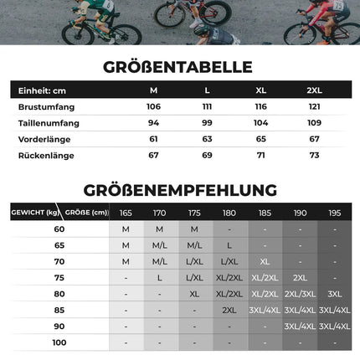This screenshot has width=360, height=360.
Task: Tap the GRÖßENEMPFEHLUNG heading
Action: click(180, 190)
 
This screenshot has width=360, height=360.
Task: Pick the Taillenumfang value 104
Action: click(260, 123)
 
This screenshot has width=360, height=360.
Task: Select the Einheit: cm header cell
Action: click(41, 90)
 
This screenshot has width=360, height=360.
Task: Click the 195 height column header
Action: click(335, 213)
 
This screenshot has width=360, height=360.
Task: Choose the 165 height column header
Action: click(126, 213)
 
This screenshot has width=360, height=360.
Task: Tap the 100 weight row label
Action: click(59, 342)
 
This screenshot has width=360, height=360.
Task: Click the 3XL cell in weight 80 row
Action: click(335, 294)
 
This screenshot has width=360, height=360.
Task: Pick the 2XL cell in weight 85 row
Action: click(229, 310)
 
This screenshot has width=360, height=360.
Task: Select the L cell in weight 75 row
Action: click(160, 277)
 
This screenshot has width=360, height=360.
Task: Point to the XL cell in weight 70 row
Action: click(265, 261)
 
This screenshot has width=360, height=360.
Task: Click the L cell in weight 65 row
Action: click(229, 245)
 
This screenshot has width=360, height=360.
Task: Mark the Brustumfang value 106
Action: click(153, 107)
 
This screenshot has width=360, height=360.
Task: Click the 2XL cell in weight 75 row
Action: click(300, 277)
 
